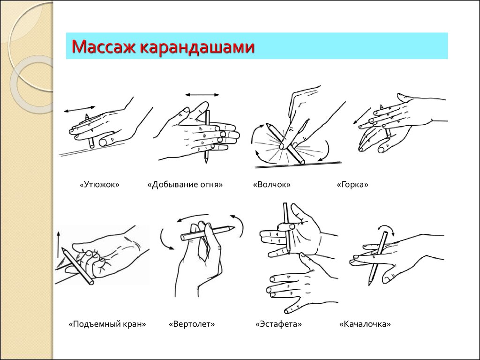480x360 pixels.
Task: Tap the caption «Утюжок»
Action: (x=99, y=185)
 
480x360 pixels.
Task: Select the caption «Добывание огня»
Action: (x=185, y=185)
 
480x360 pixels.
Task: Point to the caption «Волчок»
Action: (x=272, y=185)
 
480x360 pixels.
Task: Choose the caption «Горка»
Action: (x=352, y=185)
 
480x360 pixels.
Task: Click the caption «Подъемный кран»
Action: (x=107, y=324)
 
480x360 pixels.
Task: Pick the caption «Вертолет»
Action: (x=192, y=324)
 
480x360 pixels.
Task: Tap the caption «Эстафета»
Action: (x=278, y=324)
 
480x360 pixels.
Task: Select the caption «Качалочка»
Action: (x=365, y=324)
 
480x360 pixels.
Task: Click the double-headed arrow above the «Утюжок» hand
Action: (x=80, y=109)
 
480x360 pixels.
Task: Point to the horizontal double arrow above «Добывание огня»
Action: (x=202, y=95)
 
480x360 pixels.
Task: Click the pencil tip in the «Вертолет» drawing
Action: (x=234, y=227)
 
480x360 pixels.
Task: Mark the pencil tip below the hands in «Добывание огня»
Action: (x=206, y=160)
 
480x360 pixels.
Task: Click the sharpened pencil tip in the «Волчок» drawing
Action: (x=268, y=124)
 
